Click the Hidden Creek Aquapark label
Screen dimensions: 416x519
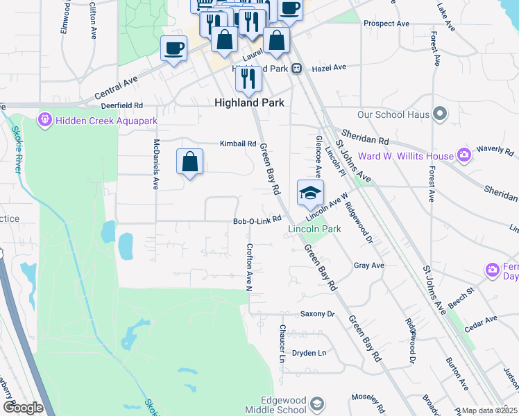[x=108, y=121]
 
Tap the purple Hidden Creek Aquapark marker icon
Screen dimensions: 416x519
[x=46, y=120]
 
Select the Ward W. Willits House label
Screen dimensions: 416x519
[x=405, y=156]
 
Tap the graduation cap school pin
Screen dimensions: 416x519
[x=310, y=192]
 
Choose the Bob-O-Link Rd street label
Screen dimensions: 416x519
[x=257, y=220]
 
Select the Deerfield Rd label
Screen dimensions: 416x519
[x=121, y=105]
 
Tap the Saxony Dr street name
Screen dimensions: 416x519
[x=318, y=314]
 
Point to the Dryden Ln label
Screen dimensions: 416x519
[x=309, y=353]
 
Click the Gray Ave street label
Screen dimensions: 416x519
[x=368, y=266]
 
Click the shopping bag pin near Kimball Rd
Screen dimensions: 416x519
[x=189, y=162]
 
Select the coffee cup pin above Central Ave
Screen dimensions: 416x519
[x=173, y=49]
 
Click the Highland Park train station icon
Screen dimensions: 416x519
[x=296, y=68]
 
